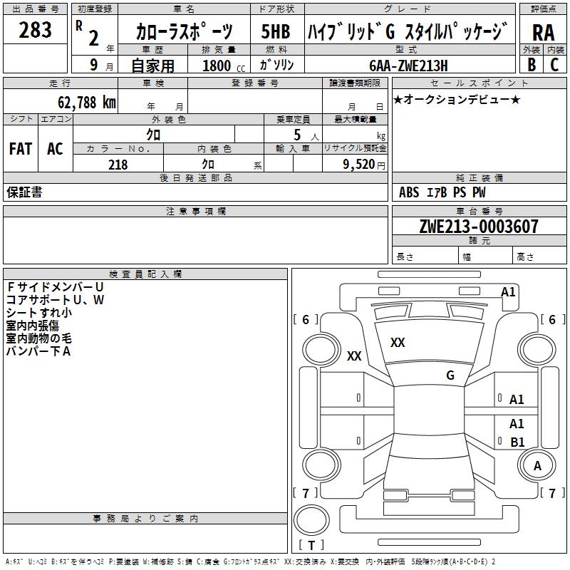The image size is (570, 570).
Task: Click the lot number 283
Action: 35,30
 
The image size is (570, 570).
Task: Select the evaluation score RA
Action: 543,33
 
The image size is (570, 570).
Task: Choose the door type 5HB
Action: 275,31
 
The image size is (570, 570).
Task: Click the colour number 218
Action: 118,165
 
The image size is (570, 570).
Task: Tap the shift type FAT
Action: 20,148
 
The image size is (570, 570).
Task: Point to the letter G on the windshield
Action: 450,375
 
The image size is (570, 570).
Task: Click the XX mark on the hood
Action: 398,343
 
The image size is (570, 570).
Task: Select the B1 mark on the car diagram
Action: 517,442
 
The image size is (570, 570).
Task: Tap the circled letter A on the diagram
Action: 537,465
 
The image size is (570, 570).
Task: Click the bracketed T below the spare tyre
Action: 311,546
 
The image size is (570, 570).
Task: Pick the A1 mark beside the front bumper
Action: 508,291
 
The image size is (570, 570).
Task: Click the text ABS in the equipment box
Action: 409,192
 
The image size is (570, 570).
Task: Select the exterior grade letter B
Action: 532,65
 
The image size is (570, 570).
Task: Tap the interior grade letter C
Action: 555,65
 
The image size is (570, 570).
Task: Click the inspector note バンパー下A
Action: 38,351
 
